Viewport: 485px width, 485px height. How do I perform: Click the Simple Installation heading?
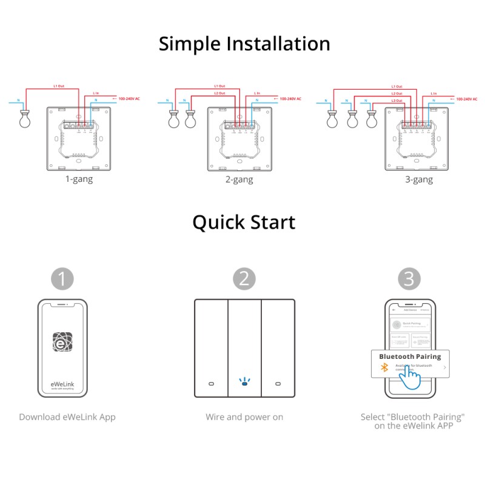point(244,44)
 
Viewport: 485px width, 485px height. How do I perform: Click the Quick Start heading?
point(244,222)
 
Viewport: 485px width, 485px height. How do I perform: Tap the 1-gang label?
point(79,179)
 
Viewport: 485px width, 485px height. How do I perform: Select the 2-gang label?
point(239,179)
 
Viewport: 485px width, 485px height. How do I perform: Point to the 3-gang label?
point(419,179)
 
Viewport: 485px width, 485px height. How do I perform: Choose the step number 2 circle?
point(244,279)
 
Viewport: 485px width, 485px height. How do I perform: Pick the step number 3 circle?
point(409,279)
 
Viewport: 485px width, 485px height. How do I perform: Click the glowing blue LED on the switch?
point(244,383)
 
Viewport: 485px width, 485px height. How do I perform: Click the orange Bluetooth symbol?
point(383,367)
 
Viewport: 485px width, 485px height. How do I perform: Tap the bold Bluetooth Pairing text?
point(410,356)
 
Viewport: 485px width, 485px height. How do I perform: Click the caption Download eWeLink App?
point(67,417)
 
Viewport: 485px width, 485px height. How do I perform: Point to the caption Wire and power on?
point(244,417)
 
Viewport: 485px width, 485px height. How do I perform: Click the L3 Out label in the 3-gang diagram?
point(396,101)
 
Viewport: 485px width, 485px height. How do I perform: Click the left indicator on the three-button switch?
point(210,384)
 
